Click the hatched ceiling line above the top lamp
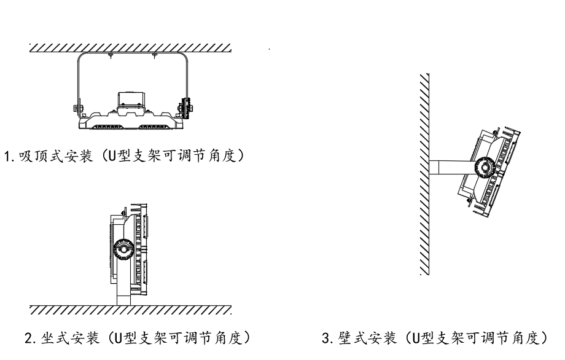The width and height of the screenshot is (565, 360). tap(130, 48)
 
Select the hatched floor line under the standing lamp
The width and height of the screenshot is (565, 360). tap(130, 308)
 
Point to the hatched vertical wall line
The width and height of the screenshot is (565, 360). tap(424, 175)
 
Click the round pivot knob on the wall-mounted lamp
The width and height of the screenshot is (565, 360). tap(484, 166)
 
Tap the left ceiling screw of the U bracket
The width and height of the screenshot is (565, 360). tap(109, 56)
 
